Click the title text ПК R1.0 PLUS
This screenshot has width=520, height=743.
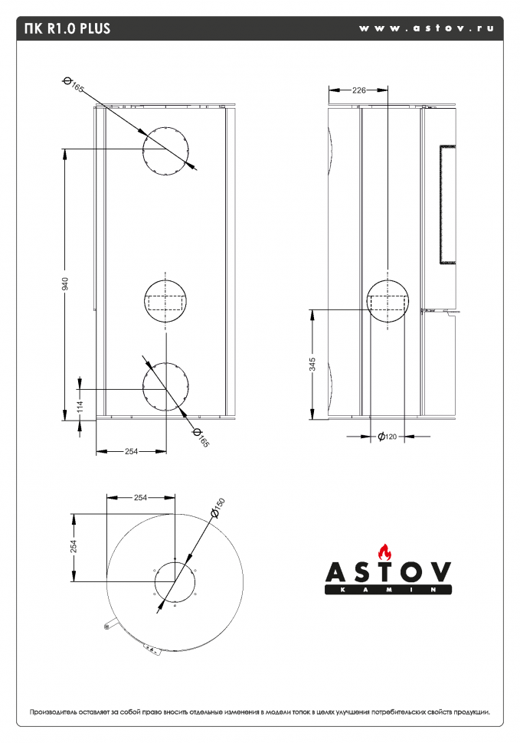67,29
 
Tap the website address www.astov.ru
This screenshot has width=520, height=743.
425,28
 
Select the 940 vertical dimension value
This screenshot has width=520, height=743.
66,283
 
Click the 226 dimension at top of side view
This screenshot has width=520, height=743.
358,90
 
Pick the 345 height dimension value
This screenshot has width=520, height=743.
312,365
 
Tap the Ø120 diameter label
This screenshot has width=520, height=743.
387,437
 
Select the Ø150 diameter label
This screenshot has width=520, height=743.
218,506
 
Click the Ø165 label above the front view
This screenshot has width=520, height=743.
74,85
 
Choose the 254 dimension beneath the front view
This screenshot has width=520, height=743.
131,451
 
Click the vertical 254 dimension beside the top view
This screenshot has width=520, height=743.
74,545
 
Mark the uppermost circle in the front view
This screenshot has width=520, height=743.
165,150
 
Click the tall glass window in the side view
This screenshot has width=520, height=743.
446,203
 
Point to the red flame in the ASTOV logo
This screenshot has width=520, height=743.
385,551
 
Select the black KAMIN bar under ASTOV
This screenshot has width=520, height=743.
388,590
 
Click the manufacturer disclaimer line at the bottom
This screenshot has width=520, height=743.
260,712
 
